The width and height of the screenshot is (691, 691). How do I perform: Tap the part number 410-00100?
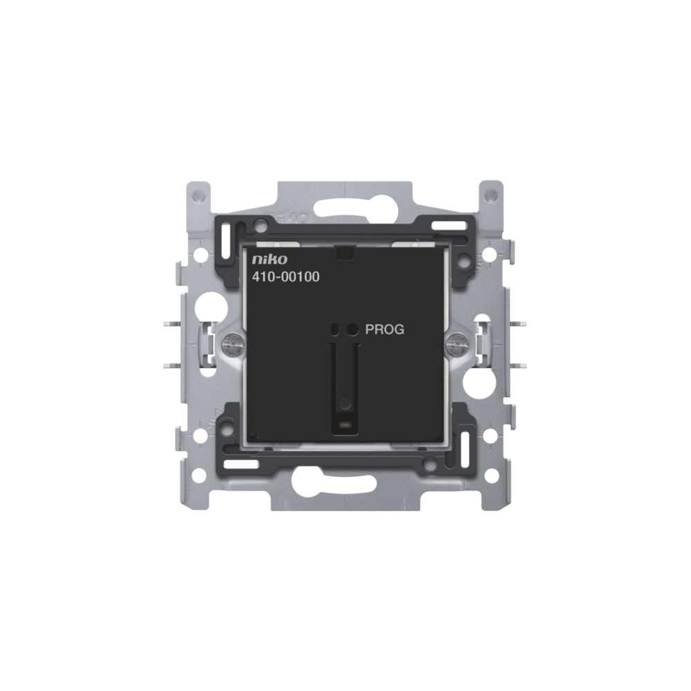285,277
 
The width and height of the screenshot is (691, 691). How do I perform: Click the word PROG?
385,330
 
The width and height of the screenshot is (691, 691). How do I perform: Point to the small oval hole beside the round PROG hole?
335,329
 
